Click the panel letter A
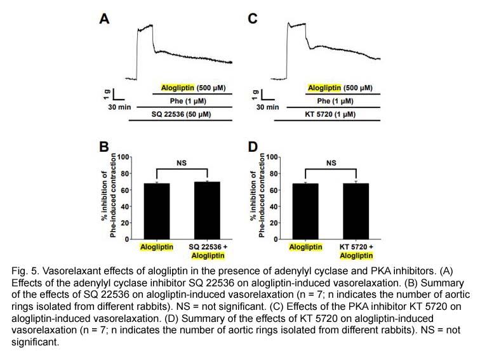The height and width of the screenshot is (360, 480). pos(104,19)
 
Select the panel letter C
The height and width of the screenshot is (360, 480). pos(253,19)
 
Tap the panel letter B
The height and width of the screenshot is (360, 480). pos(104,147)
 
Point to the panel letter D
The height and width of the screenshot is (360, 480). pos(253,147)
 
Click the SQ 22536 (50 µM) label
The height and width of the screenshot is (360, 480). pos(181,114)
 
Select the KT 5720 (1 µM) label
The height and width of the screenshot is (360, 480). pos(330,114)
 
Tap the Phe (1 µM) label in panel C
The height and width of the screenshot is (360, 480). pos(335,101)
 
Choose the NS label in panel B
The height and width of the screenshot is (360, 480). pos(182,163)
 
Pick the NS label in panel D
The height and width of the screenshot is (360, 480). pos(331,163)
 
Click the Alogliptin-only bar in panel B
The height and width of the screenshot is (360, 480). pos(157,211)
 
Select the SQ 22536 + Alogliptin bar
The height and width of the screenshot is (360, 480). pos(207,210)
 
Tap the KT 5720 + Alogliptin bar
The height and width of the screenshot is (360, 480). pos(356,211)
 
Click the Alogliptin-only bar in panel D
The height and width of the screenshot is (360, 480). pos(305,211)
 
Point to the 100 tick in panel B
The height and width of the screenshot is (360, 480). pos(123,157)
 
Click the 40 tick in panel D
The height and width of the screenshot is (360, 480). pos(274,206)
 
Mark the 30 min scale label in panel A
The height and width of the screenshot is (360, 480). pos(119,107)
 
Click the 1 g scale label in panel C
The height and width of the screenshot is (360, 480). pos(255,95)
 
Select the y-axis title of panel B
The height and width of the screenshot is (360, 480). pos(109,196)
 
